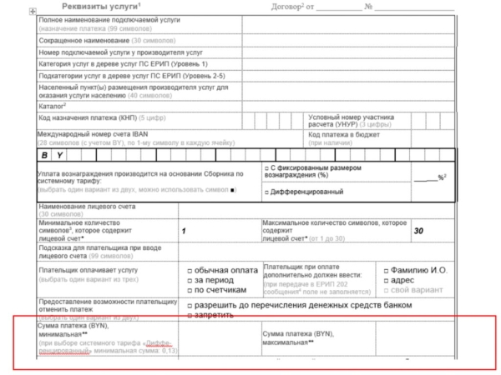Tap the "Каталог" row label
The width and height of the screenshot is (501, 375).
[52, 106]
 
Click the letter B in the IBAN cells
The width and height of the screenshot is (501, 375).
[46, 155]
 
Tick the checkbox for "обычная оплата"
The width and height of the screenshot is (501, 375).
[190, 271]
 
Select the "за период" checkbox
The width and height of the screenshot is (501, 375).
[190, 281]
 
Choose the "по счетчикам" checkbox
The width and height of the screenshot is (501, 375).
[190, 291]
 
